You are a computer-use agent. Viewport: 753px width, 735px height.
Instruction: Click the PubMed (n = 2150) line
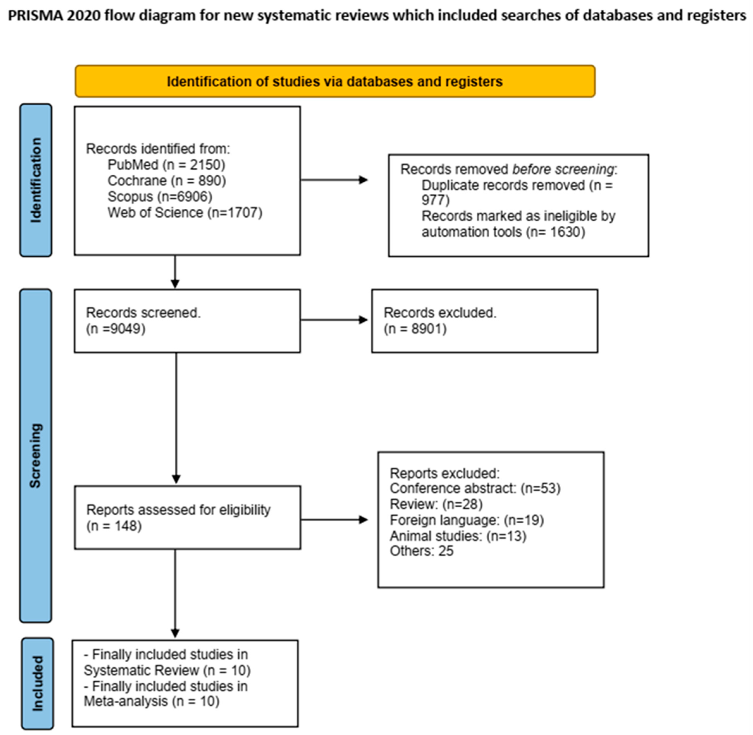166,165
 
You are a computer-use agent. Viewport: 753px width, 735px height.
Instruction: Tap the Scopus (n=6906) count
160,196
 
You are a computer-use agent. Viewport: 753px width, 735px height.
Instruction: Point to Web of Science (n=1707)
185,212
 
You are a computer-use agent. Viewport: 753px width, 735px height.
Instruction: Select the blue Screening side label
35,455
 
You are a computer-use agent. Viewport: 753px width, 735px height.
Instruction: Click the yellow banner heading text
334,81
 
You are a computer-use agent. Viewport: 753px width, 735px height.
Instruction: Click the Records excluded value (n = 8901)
415,329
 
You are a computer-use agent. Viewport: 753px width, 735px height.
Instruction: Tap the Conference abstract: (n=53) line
475,488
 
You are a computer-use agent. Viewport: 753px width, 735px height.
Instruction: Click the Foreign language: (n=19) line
467,520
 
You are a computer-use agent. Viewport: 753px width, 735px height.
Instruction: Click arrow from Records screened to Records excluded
334,320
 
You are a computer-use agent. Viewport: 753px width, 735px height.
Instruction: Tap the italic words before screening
563,169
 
